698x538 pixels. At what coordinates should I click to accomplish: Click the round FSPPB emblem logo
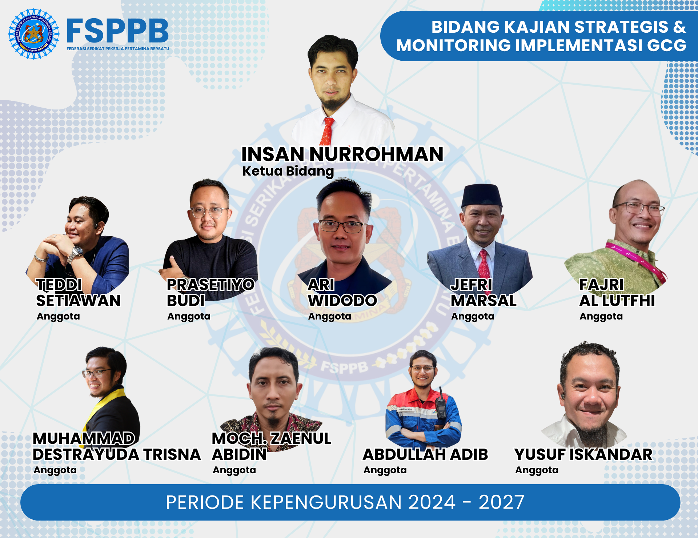point(34,34)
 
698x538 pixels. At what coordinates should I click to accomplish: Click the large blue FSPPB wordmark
point(118,31)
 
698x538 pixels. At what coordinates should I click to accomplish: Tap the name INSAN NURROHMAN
point(342,154)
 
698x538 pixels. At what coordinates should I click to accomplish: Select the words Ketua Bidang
point(288,171)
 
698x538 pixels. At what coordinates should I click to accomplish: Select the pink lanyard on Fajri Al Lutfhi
point(636,260)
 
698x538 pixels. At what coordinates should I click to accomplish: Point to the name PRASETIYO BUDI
point(210,293)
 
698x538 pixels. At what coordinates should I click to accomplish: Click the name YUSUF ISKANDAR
point(583,455)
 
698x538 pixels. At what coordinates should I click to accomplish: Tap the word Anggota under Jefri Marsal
point(473,317)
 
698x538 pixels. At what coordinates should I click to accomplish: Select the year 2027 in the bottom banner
point(501,502)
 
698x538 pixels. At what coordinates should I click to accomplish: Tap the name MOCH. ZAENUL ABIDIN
point(272,446)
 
